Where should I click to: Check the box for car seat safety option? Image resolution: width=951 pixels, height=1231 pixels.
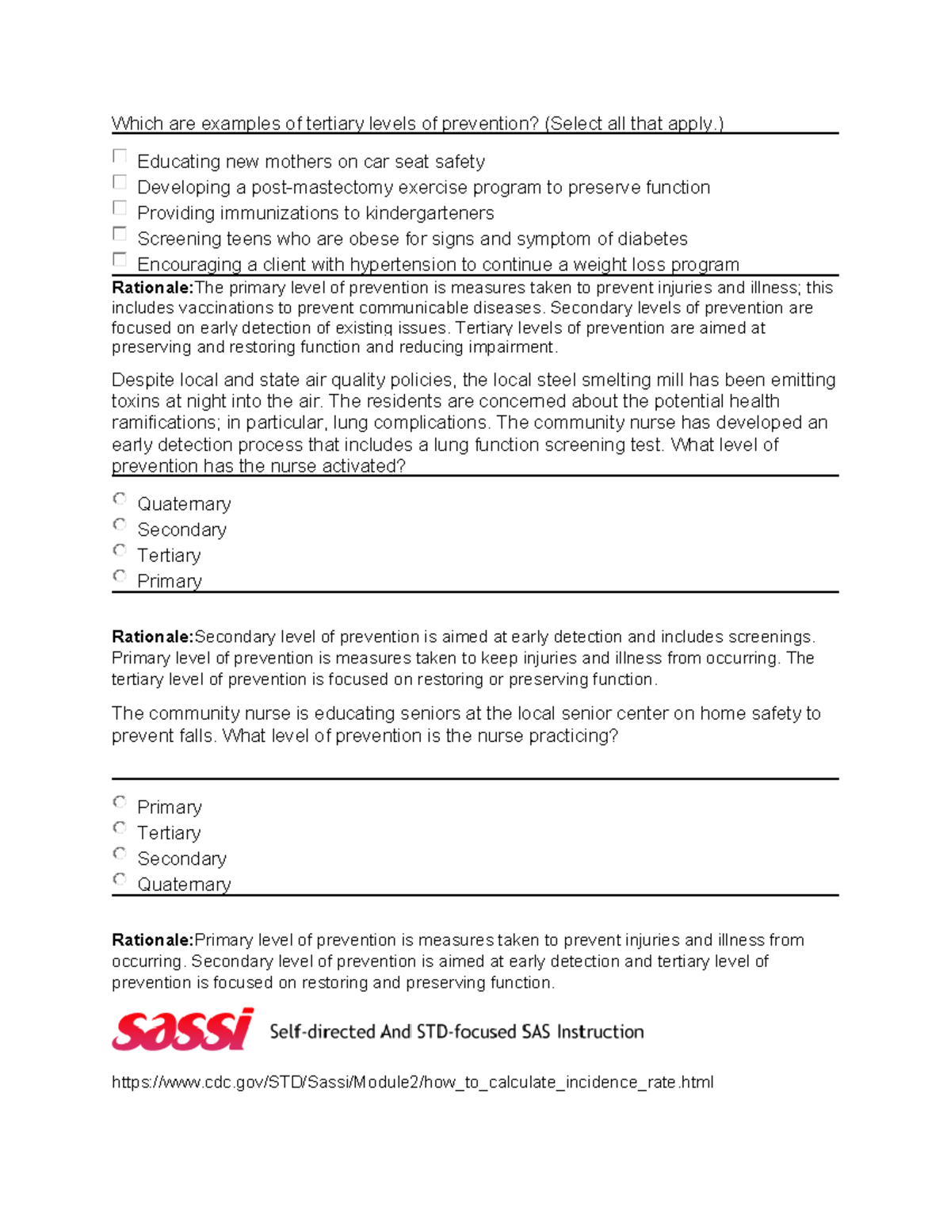tap(120, 156)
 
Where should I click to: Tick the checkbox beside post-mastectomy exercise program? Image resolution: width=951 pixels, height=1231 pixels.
tap(120, 182)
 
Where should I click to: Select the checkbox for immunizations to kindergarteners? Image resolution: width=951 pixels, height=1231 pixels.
tap(120, 208)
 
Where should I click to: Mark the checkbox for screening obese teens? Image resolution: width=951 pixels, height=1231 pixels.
tap(120, 234)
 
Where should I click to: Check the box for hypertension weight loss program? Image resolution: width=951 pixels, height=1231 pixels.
tap(120, 259)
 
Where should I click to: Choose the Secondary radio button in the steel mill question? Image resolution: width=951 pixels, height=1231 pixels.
tap(120, 525)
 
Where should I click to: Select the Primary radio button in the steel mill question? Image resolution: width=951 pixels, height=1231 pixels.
tap(120, 576)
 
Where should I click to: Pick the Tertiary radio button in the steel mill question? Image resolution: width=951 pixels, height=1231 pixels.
tap(120, 550)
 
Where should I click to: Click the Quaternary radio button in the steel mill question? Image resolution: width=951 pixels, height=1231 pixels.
tap(120, 499)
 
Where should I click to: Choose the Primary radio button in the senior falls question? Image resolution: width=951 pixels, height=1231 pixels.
tap(120, 802)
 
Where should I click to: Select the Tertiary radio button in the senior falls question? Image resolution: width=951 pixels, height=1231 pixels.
tap(120, 828)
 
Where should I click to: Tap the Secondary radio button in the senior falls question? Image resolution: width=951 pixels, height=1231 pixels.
tap(120, 854)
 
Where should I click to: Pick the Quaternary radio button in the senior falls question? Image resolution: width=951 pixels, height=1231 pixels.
tap(120, 879)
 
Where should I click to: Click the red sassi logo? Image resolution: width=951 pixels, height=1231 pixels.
tap(183, 1030)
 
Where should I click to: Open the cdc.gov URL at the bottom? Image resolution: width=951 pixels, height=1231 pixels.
tap(412, 1082)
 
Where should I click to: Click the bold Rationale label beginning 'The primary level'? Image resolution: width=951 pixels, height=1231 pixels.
tap(153, 288)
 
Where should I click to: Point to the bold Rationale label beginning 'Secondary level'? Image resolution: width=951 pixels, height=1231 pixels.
tap(153, 637)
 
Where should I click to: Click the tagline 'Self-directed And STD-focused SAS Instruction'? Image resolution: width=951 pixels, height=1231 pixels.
tap(456, 1031)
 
